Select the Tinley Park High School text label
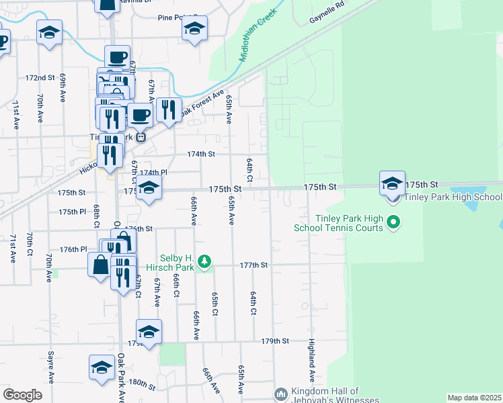(453, 197)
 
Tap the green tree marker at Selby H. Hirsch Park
(205, 261)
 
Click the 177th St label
(255, 265)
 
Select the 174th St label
(200, 154)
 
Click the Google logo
(22, 395)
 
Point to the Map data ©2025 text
(474, 398)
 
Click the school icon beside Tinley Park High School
(392, 183)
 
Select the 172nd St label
(40, 78)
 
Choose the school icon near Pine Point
(194, 28)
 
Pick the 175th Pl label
(73, 212)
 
